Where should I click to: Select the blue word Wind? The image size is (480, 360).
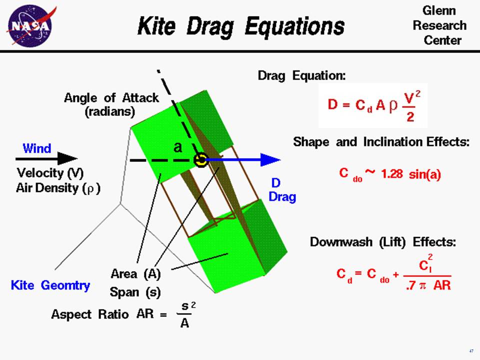[36, 148]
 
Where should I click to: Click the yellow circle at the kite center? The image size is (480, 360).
[200, 160]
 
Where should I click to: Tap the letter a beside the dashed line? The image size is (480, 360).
[177, 147]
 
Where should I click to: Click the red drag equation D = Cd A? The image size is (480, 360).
[372, 105]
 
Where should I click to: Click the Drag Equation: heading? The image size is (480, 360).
[301, 76]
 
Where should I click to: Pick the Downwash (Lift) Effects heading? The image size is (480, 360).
[383, 242]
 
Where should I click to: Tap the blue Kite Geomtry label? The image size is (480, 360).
[50, 285]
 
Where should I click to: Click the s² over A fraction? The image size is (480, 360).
[185, 314]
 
